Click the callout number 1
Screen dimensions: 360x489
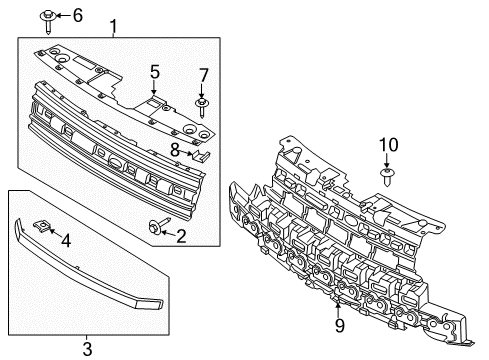tap(113, 25)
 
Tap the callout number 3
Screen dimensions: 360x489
tap(87, 348)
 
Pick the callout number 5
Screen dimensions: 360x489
tap(155, 71)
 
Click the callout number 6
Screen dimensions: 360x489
tap(78, 14)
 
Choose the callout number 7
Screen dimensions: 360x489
tap(203, 75)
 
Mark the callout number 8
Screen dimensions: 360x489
tap(176, 150)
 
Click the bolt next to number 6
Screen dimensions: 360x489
tap(48, 15)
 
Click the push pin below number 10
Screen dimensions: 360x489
tap(387, 181)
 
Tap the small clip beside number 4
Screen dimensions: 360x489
tap(42, 227)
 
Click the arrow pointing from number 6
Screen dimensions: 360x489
tap(62, 15)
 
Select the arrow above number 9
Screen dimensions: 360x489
tap(339, 306)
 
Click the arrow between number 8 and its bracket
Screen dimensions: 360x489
tap(188, 152)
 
